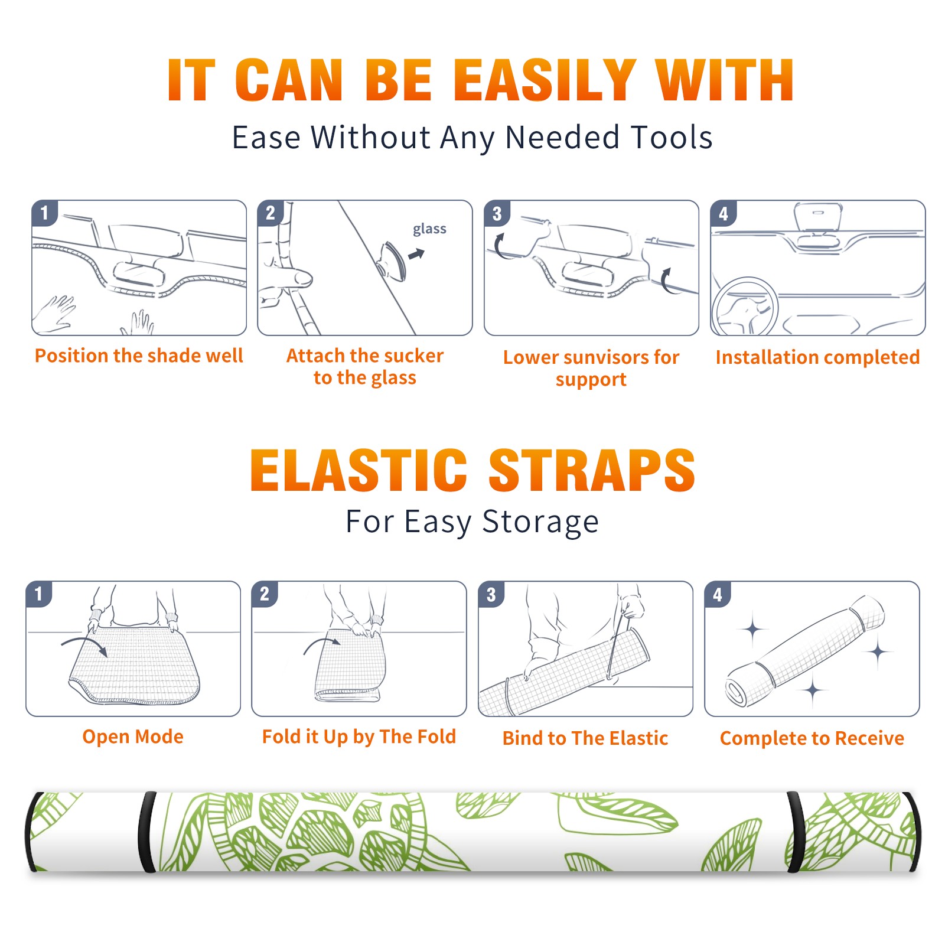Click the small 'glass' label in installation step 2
click(x=429, y=229)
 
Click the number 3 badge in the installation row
click(x=497, y=214)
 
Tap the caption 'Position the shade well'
click(x=139, y=356)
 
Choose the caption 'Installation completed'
click(x=817, y=357)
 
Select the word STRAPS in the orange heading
click(x=592, y=470)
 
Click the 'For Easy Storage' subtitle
click(x=472, y=522)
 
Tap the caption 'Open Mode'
click(x=133, y=737)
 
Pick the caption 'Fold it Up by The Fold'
click(x=359, y=737)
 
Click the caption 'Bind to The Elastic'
click(x=585, y=738)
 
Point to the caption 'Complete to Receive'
click(x=812, y=738)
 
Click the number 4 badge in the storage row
click(x=718, y=594)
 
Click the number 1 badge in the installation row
click(x=44, y=213)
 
